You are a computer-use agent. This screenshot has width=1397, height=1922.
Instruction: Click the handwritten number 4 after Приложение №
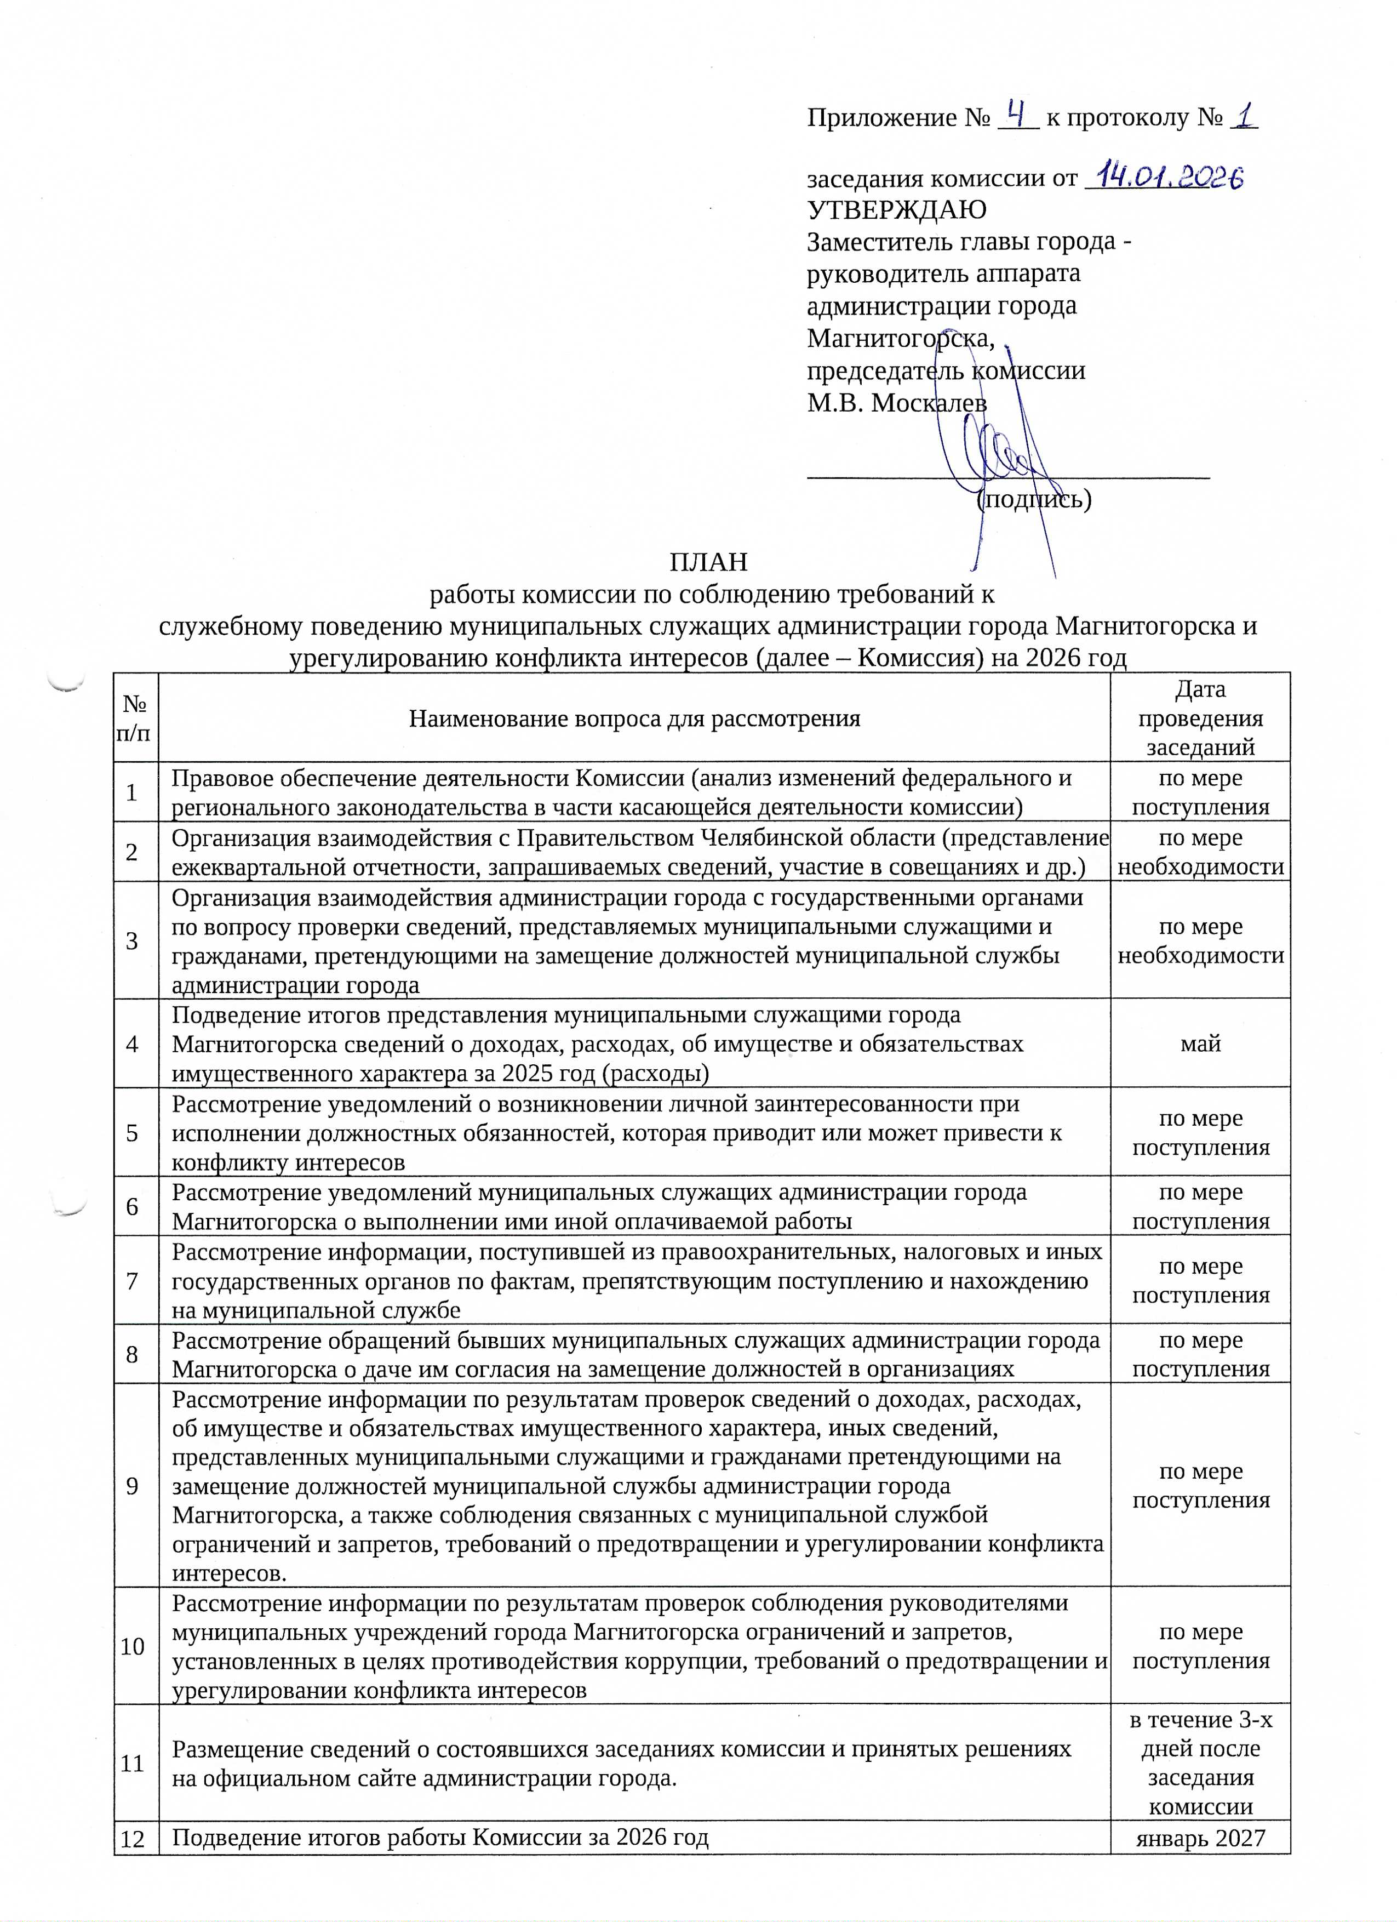point(1017,113)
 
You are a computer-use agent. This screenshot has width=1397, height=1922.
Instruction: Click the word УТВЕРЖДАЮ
point(896,209)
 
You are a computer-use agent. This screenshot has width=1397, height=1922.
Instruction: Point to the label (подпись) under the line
point(1034,499)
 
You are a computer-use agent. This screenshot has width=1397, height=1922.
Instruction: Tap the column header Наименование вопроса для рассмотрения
point(634,718)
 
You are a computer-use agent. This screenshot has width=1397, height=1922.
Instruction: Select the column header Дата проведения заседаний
point(1200,718)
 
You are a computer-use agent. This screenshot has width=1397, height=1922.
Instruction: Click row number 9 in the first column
point(132,1486)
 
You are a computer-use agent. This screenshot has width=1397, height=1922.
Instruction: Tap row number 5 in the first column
point(132,1133)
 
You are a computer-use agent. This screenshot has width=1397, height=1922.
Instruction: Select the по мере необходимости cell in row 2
point(1200,852)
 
